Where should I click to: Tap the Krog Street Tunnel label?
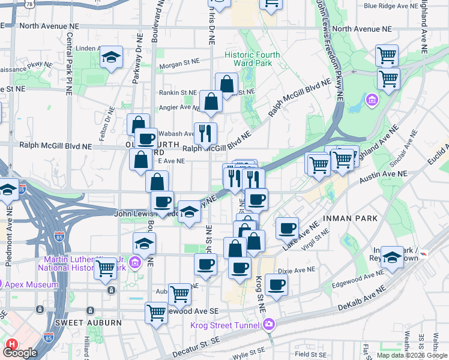click(x=225, y=325)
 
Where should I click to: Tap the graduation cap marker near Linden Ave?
click(x=111, y=58)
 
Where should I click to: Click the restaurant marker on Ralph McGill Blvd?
click(x=205, y=133)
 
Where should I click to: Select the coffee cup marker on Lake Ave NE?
click(x=288, y=227)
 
